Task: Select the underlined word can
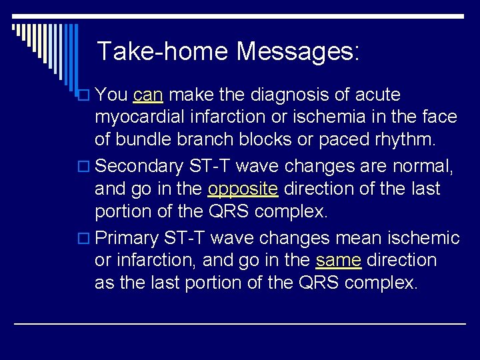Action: coord(148,95)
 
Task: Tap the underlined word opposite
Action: coord(243,189)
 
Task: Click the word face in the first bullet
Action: coord(439,117)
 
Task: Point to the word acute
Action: coord(381,95)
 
